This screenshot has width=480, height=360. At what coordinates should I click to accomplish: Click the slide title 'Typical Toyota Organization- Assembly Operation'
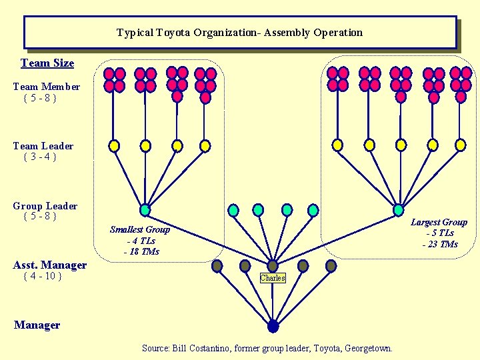pyautogui.click(x=239, y=33)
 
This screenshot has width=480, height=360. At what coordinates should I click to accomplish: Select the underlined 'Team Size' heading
pyautogui.click(x=47, y=63)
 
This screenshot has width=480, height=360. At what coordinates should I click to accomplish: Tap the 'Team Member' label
pyautogui.click(x=47, y=87)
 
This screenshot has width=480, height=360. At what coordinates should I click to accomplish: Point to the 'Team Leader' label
pyautogui.click(x=43, y=146)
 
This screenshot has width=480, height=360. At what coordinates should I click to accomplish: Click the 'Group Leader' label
pyautogui.click(x=45, y=206)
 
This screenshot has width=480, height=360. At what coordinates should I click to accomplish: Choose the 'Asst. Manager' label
pyautogui.click(x=50, y=265)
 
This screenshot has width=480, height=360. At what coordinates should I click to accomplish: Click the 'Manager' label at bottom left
pyautogui.click(x=37, y=325)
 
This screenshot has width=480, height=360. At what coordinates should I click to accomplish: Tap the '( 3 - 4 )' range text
pyautogui.click(x=40, y=157)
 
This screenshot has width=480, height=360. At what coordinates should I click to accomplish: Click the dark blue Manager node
pyautogui.click(x=273, y=326)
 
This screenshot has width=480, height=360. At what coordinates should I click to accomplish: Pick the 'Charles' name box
pyautogui.click(x=273, y=278)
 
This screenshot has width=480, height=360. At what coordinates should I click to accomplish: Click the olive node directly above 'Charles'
pyautogui.click(x=273, y=266)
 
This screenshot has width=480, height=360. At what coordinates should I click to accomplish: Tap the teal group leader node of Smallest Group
pyautogui.click(x=145, y=210)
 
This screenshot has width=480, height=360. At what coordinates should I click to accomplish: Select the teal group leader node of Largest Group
pyautogui.click(x=398, y=210)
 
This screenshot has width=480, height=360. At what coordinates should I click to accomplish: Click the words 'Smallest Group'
pyautogui.click(x=140, y=229)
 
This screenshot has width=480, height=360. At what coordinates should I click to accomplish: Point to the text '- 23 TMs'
pyautogui.click(x=439, y=244)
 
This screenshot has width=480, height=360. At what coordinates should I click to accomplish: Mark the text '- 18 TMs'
pyautogui.click(x=141, y=251)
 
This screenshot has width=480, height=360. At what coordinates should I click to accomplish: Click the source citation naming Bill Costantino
pyautogui.click(x=267, y=348)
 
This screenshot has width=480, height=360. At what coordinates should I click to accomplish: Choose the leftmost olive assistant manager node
pyautogui.click(x=217, y=266)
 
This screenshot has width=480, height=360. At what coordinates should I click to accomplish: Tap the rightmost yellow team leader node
pyautogui.click(x=460, y=145)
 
